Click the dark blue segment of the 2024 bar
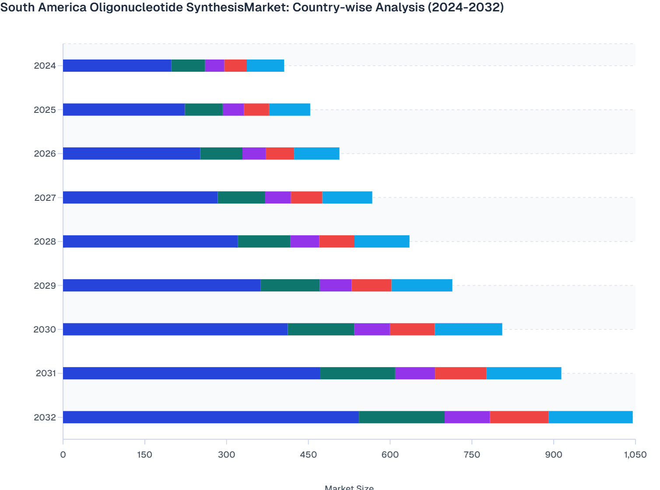[117, 66]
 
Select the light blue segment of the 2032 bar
[590, 417]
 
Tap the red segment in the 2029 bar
[371, 285]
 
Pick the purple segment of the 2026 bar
[254, 154]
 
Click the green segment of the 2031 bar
[357, 373]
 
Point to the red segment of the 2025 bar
[256, 110]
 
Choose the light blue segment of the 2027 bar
[347, 197]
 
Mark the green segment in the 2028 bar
[264, 241]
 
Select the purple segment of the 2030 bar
[372, 329]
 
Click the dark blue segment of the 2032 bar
[211, 417]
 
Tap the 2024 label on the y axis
[45, 66]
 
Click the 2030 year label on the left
[45, 329]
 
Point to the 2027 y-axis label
[45, 198]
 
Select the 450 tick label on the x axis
[308, 455]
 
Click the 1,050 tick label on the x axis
[635, 455]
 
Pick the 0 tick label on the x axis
[63, 455]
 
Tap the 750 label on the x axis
[472, 455]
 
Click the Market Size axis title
[349, 487]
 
